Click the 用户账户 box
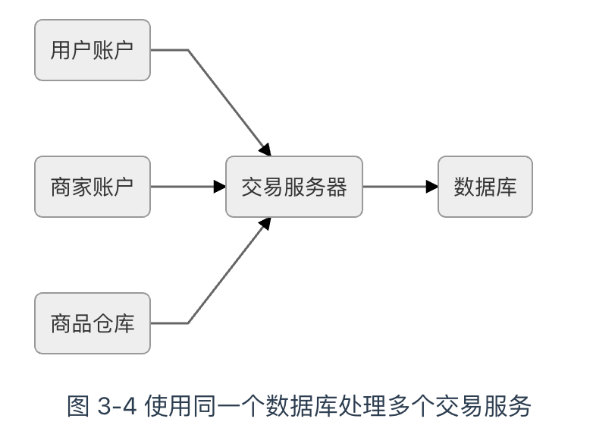point(93,51)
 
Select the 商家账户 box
point(93,187)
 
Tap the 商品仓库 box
point(93,323)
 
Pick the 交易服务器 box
point(294,187)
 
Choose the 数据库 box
point(485,187)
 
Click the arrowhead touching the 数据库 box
point(432,187)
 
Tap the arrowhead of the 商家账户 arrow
point(220,187)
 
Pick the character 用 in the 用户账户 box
point(61,51)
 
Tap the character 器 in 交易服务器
point(336,187)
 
